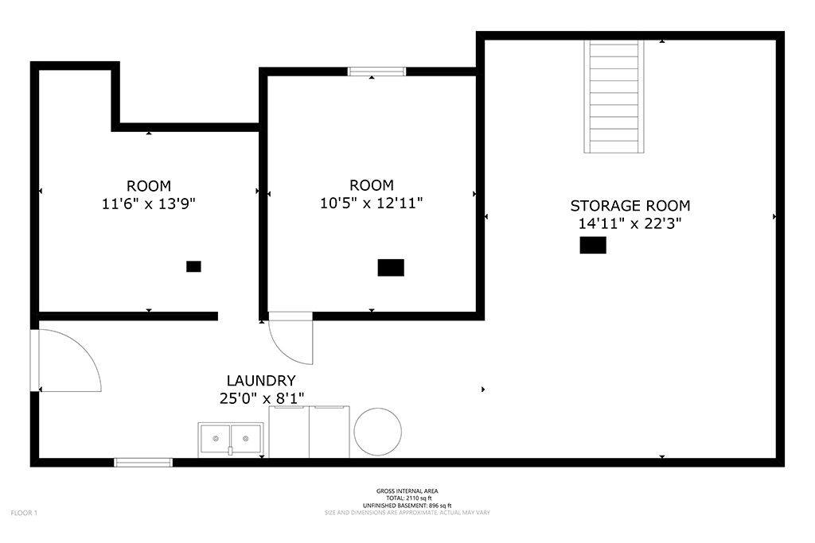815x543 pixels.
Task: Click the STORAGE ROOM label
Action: point(630,206)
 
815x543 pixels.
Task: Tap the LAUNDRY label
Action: point(261,381)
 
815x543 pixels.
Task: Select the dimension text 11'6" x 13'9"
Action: point(149,204)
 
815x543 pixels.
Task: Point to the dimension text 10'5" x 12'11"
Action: point(371,203)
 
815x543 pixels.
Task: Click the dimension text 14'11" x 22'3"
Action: point(630,223)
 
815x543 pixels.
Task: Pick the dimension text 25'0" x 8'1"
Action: point(261,398)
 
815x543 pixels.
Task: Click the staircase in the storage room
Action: point(614,96)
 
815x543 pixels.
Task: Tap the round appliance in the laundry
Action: point(378,432)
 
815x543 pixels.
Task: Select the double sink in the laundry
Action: point(231,440)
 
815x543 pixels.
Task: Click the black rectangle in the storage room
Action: point(593,245)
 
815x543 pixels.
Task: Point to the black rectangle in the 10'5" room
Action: point(391,267)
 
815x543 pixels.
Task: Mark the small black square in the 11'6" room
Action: point(194,266)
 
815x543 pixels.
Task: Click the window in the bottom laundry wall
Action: point(143,463)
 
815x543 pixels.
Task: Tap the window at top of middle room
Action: point(376,72)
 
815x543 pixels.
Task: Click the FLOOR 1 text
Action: point(24,513)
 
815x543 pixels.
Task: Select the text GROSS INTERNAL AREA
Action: point(407,491)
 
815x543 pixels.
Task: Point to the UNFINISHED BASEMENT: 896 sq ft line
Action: point(407,506)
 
